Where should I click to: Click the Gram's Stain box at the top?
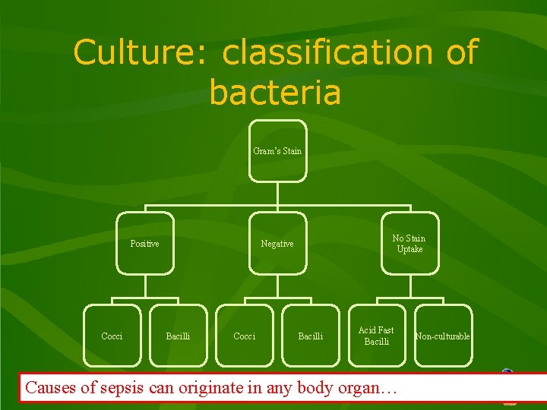click(x=278, y=150)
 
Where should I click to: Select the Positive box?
click(x=144, y=244)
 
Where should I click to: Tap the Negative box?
click(x=277, y=244)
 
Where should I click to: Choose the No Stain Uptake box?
click(x=409, y=244)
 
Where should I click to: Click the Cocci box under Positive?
click(x=112, y=336)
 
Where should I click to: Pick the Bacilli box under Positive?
click(x=178, y=336)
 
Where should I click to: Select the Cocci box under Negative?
click(x=244, y=336)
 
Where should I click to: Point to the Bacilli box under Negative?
click(x=310, y=336)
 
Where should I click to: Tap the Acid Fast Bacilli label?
click(x=376, y=336)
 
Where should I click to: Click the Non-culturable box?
click(x=442, y=336)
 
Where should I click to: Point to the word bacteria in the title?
click(x=275, y=93)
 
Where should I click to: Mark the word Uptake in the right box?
click(x=409, y=250)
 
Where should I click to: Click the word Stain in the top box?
click(x=289, y=150)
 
